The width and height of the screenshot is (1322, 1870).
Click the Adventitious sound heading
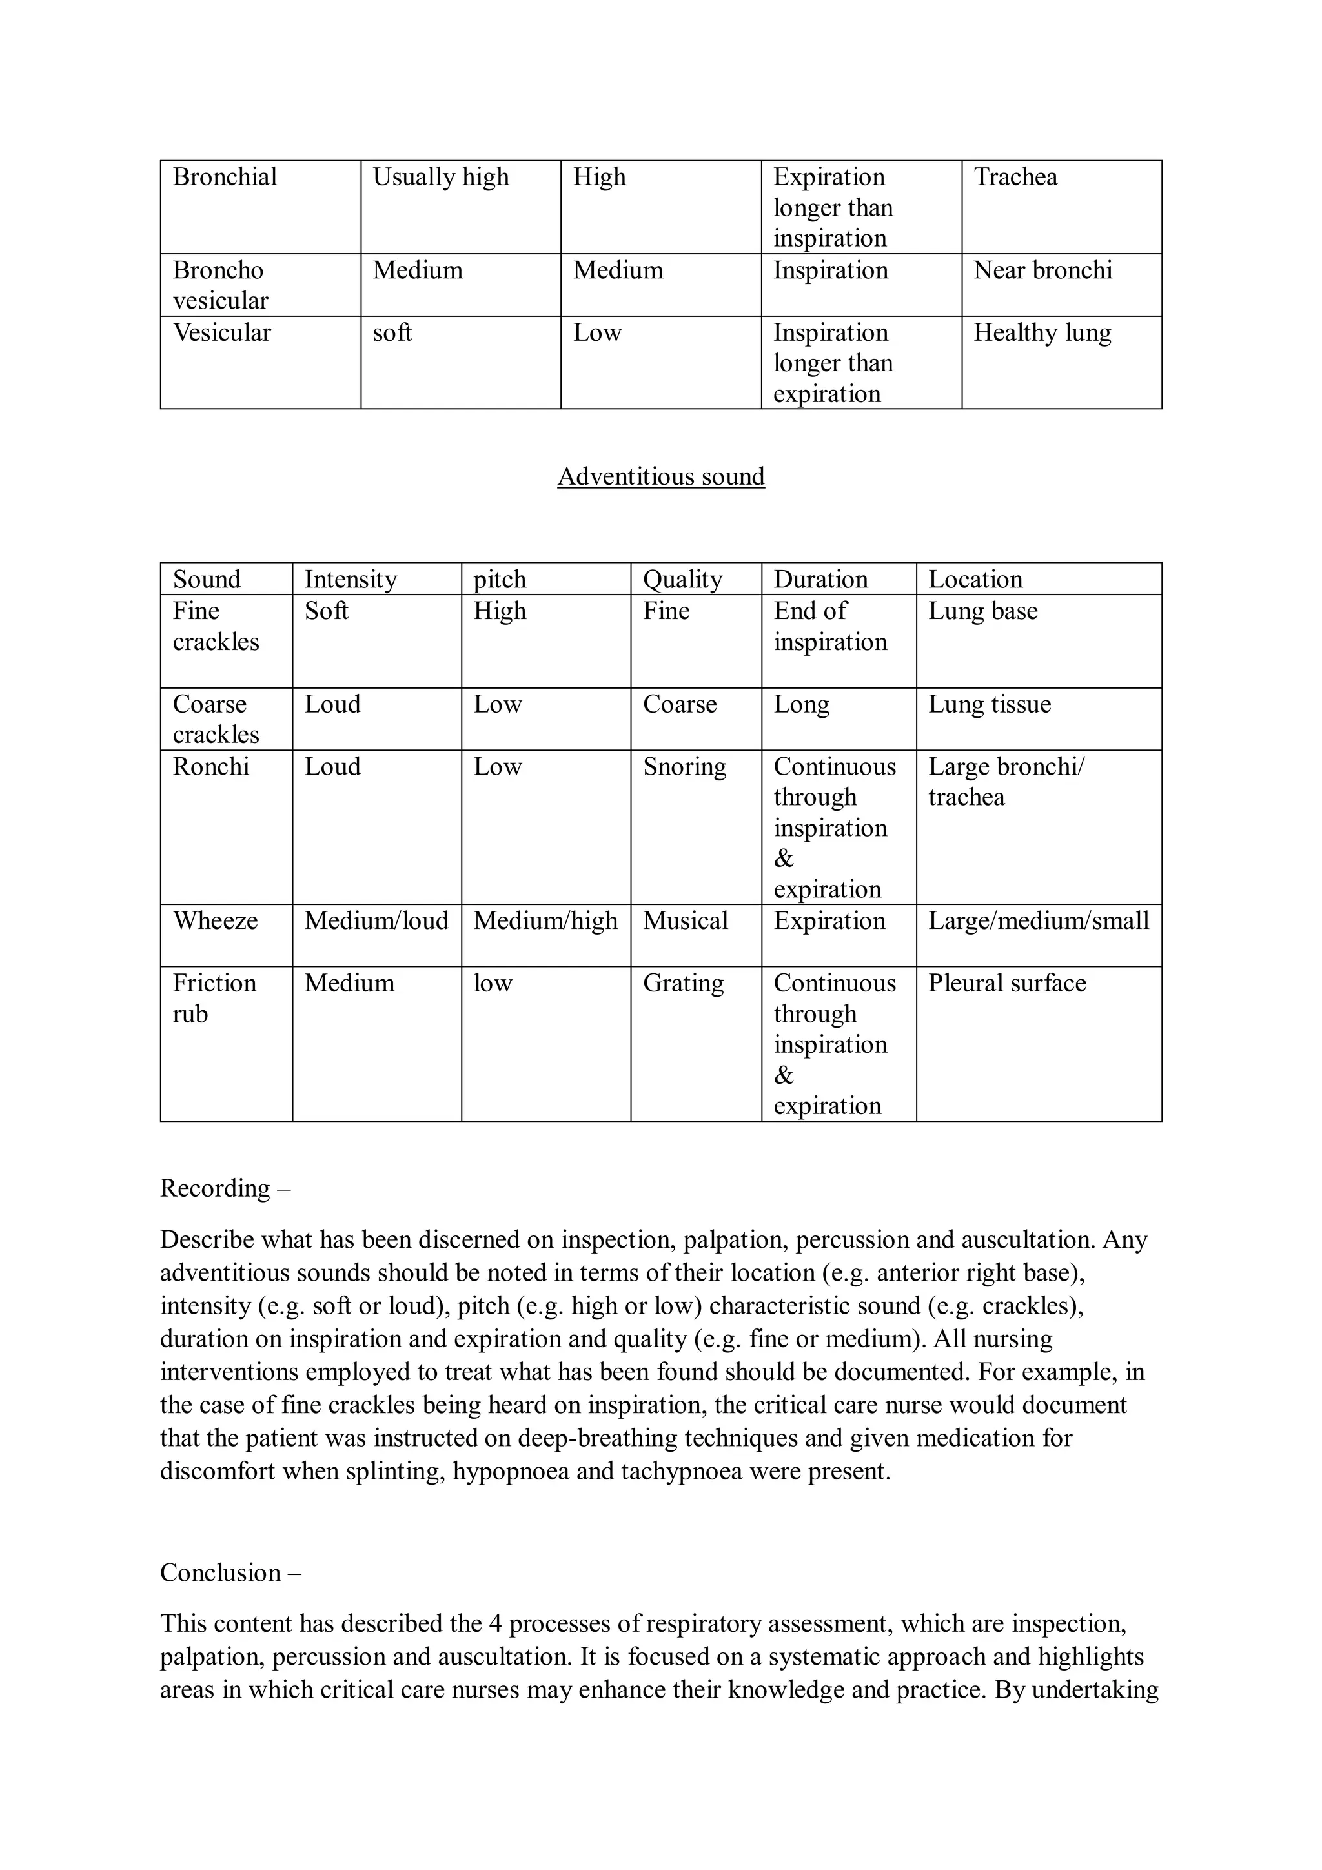(x=660, y=476)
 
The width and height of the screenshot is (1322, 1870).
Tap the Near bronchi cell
(x=1042, y=270)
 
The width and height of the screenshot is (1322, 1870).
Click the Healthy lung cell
(x=1042, y=333)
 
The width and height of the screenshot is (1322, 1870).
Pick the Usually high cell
(x=441, y=178)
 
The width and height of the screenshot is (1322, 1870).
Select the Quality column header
(x=682, y=579)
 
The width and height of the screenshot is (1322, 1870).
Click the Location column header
(x=975, y=579)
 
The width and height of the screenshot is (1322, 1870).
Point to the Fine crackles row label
(x=215, y=626)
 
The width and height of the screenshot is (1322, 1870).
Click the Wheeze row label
(x=215, y=920)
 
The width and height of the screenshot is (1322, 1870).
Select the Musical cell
(x=685, y=920)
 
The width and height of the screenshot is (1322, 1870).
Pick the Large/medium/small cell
(x=1038, y=920)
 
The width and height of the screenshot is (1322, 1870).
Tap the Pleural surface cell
(x=1007, y=983)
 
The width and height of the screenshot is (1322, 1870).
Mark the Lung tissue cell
(x=989, y=704)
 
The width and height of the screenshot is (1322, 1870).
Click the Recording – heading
(x=225, y=1188)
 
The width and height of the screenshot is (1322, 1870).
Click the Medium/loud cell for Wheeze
(x=376, y=920)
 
